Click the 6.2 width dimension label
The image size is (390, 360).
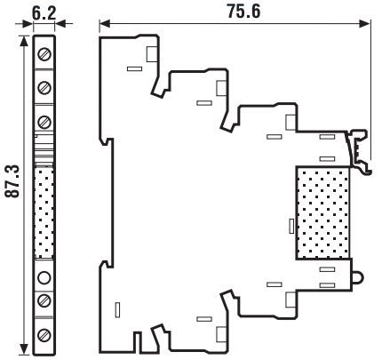coord(44,13)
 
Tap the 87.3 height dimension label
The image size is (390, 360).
coord(12,181)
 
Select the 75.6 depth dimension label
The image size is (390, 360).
coord(243,12)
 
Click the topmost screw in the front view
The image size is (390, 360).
coord(44,54)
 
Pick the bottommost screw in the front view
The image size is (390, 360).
coord(44,335)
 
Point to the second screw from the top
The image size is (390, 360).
coord(44,88)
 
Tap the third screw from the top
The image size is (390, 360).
coord(44,122)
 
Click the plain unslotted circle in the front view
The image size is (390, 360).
coord(44,277)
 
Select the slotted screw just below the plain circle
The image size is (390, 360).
coord(44,300)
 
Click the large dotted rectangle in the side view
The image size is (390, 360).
coord(322,213)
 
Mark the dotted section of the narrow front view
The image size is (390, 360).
coord(44,212)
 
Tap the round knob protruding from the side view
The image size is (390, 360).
coord(358,278)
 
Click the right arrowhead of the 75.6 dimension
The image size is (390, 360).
coord(365,24)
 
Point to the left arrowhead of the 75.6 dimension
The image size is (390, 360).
coord(105,24)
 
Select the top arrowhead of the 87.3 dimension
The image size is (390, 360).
coord(24,42)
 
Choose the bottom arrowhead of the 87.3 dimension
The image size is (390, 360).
coord(24,349)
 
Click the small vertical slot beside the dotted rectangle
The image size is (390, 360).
coord(291,226)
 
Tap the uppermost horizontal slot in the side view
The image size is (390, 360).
coord(134,68)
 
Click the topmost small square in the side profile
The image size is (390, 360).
coord(152,54)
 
